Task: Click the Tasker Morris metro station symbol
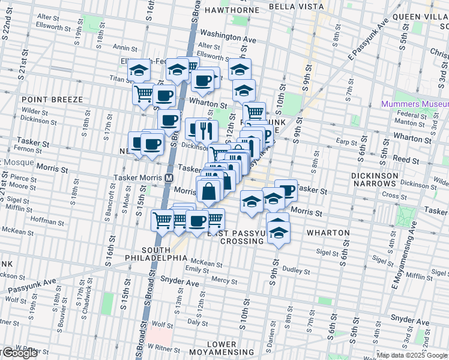coord(169,178)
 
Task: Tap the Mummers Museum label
coord(414,104)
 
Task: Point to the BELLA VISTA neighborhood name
coord(297,7)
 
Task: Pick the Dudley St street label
coord(295,270)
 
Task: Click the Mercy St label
coord(224,280)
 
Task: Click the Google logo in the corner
coord(19,353)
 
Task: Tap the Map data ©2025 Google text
coord(412,355)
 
